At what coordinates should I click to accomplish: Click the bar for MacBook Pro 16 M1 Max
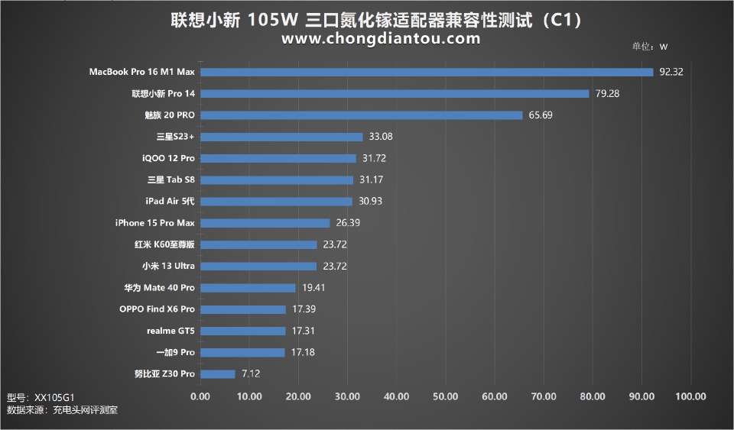click(427, 73)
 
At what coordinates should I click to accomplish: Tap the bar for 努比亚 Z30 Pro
click(218, 374)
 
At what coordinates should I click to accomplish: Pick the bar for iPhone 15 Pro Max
click(265, 223)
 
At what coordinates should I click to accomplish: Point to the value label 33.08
click(381, 137)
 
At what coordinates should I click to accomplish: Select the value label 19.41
click(313, 288)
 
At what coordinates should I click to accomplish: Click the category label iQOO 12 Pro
click(168, 158)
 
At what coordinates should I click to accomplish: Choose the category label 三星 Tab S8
click(171, 180)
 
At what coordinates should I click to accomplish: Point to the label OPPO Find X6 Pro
click(157, 309)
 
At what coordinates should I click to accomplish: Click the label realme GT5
click(171, 331)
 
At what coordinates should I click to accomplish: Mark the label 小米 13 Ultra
click(168, 267)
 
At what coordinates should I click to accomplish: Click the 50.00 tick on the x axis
click(445, 396)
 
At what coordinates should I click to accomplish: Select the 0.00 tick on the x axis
click(200, 396)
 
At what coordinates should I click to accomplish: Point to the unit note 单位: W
click(650, 47)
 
